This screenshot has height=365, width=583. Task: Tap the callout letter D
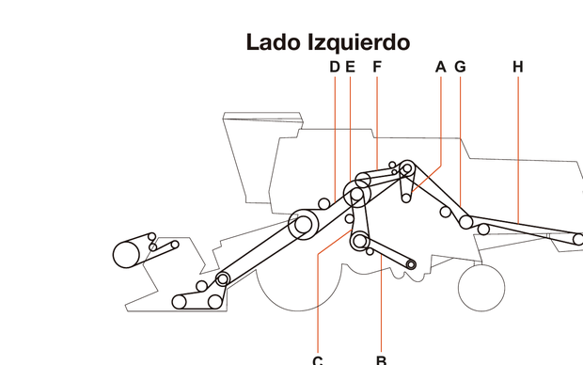coord(335,67)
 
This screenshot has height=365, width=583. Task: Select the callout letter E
coord(350,67)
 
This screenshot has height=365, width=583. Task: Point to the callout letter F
coord(376,67)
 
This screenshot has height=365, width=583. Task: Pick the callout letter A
coord(440,67)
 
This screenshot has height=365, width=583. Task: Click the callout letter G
coord(460,67)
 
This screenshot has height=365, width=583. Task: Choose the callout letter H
coord(518,67)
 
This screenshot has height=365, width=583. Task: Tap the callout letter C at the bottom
coord(318,359)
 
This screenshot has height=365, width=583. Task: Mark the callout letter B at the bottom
coord(381,359)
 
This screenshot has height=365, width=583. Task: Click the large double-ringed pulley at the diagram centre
coord(303,225)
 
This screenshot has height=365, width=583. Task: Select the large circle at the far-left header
coord(126,254)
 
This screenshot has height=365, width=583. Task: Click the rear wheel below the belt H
coord(481,284)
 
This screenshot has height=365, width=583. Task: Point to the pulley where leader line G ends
coord(466,222)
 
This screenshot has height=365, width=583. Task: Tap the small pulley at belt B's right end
coord(411,263)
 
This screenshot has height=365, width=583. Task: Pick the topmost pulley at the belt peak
coord(407,168)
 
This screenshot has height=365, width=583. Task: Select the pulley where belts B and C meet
coord(358,242)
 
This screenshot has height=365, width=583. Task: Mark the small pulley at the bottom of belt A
coord(405,198)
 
